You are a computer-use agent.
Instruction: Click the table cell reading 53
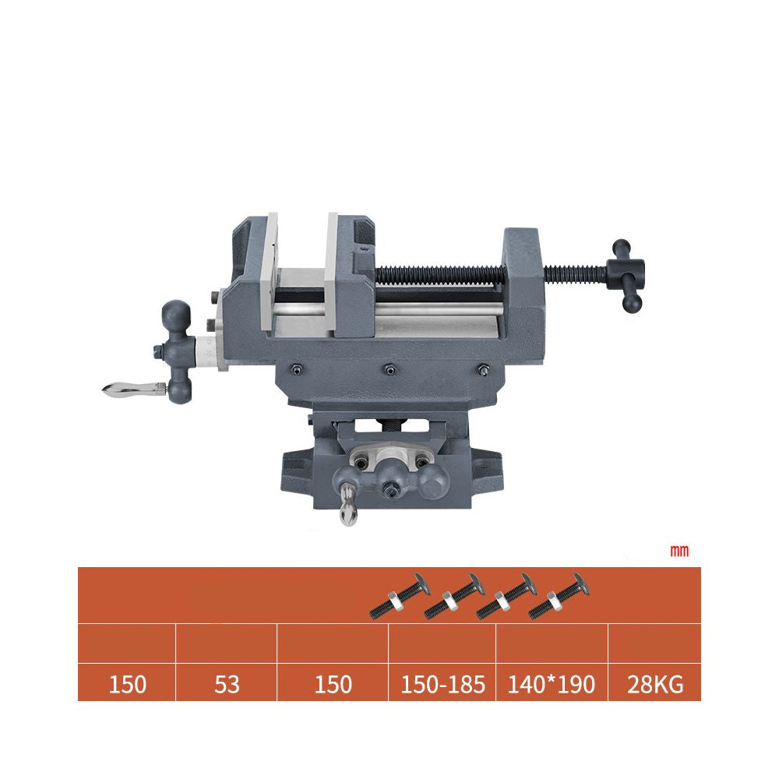pos(227,684)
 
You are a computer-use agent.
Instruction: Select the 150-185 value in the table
pos(442,684)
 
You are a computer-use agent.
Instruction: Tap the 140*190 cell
pos(551,684)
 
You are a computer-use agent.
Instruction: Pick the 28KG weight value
pos(655,684)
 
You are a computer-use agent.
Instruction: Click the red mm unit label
pos(679,551)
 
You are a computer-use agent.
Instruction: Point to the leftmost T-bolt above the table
pos(400,596)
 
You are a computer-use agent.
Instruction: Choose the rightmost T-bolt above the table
pos(559,596)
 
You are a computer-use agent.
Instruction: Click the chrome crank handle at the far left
pos(134,389)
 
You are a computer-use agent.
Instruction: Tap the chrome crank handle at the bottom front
pos(347,505)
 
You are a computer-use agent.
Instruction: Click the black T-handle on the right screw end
pos(627,275)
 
